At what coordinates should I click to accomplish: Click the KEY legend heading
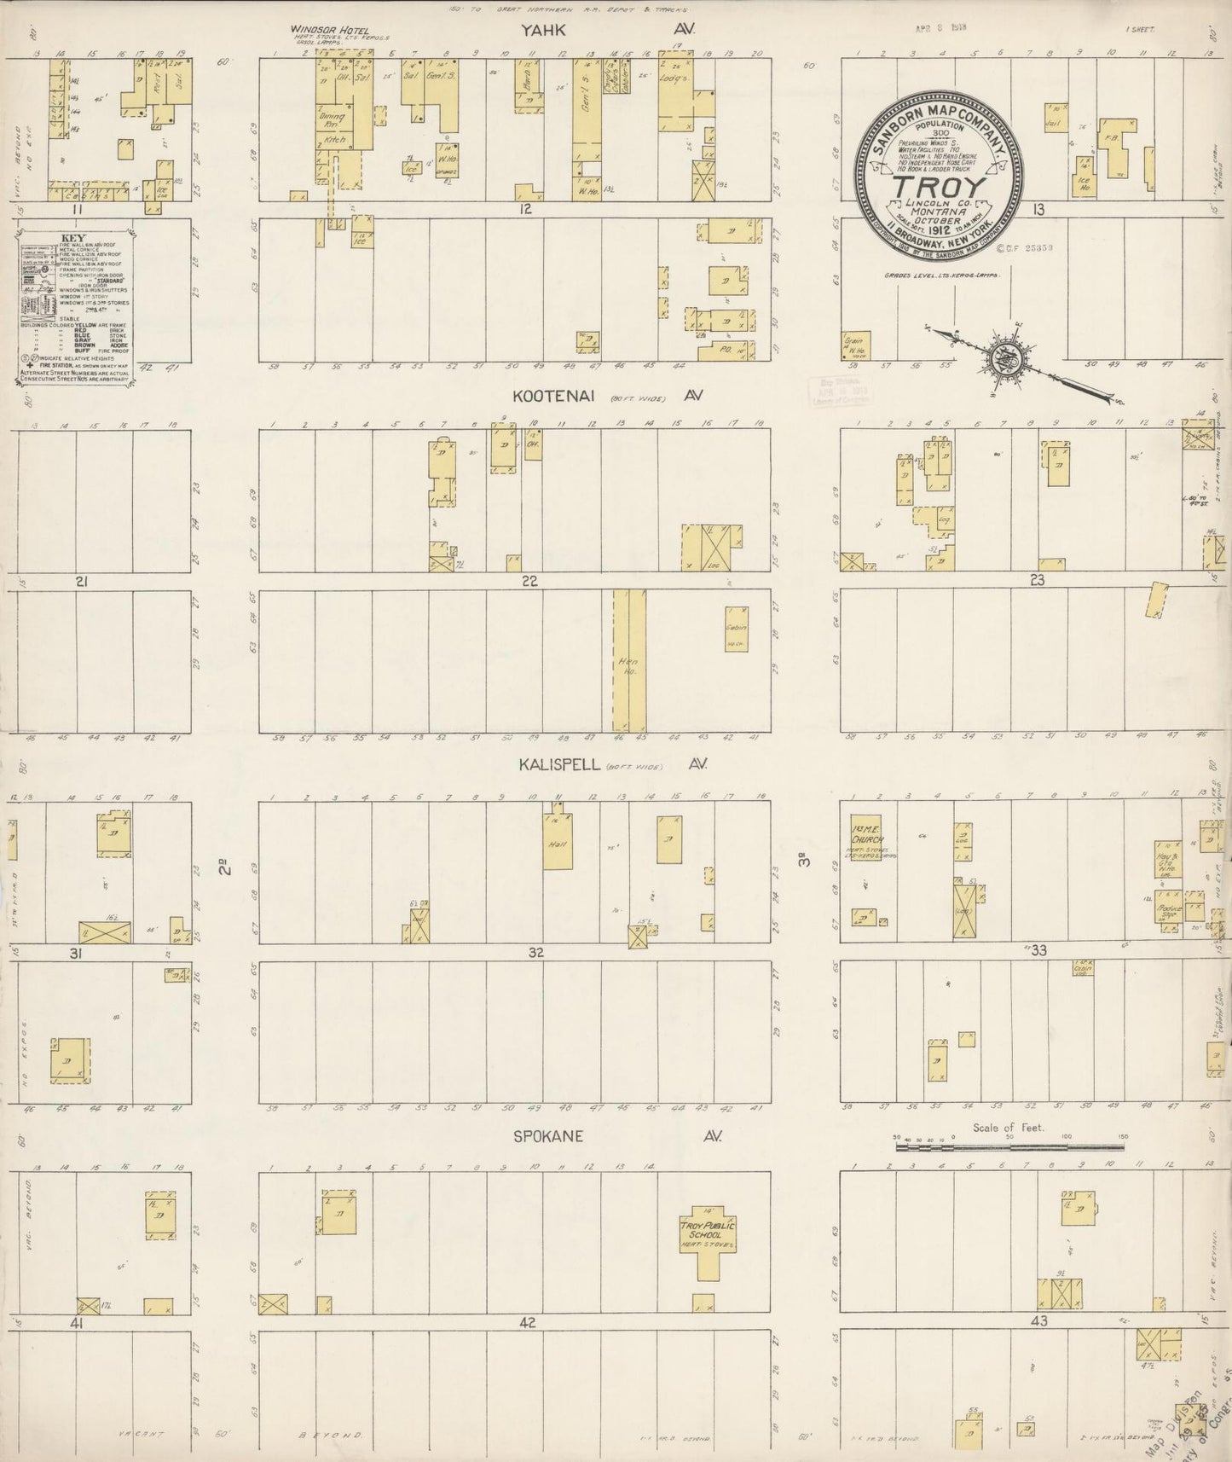point(72,238)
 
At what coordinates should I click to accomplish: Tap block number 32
point(535,953)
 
